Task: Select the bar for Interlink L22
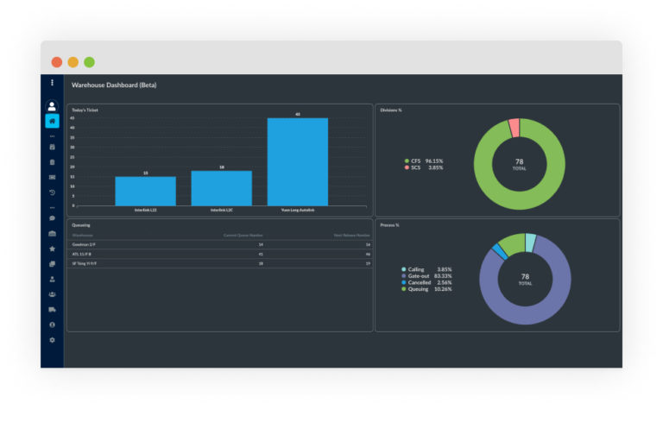(x=145, y=191)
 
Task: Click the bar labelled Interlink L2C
(x=221, y=188)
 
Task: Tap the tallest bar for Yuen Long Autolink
(x=297, y=162)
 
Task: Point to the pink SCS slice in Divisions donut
(x=515, y=128)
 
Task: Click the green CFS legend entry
(x=423, y=161)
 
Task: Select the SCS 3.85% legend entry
(x=423, y=167)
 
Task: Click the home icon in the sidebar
(x=52, y=122)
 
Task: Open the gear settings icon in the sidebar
(x=52, y=340)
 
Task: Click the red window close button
(x=57, y=62)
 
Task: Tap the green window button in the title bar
(x=89, y=62)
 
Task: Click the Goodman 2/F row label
(x=83, y=245)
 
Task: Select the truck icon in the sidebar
(x=52, y=309)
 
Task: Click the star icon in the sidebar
(x=52, y=249)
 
